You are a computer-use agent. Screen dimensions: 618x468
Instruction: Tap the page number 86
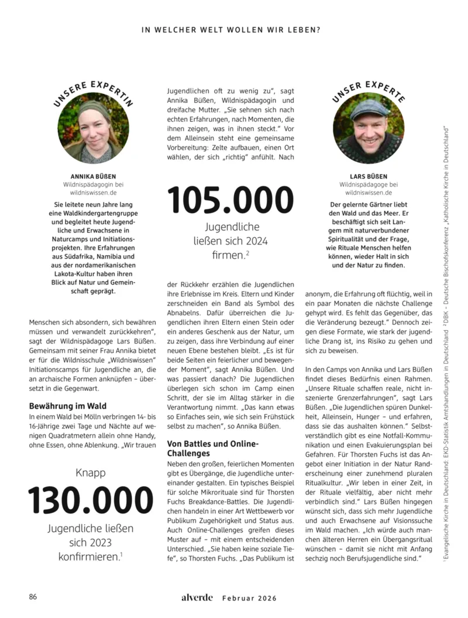tap(33, 597)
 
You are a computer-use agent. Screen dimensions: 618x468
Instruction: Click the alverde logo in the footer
tap(196, 598)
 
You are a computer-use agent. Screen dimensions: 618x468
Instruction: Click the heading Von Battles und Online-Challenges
tap(207, 448)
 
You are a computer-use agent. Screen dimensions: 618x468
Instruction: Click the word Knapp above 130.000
tap(91, 472)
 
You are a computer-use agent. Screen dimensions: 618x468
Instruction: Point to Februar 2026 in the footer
tap(249, 598)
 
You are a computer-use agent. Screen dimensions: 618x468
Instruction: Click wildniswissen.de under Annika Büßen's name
tap(94, 191)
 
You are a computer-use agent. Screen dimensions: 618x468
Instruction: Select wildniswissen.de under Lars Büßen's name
tap(369, 191)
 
